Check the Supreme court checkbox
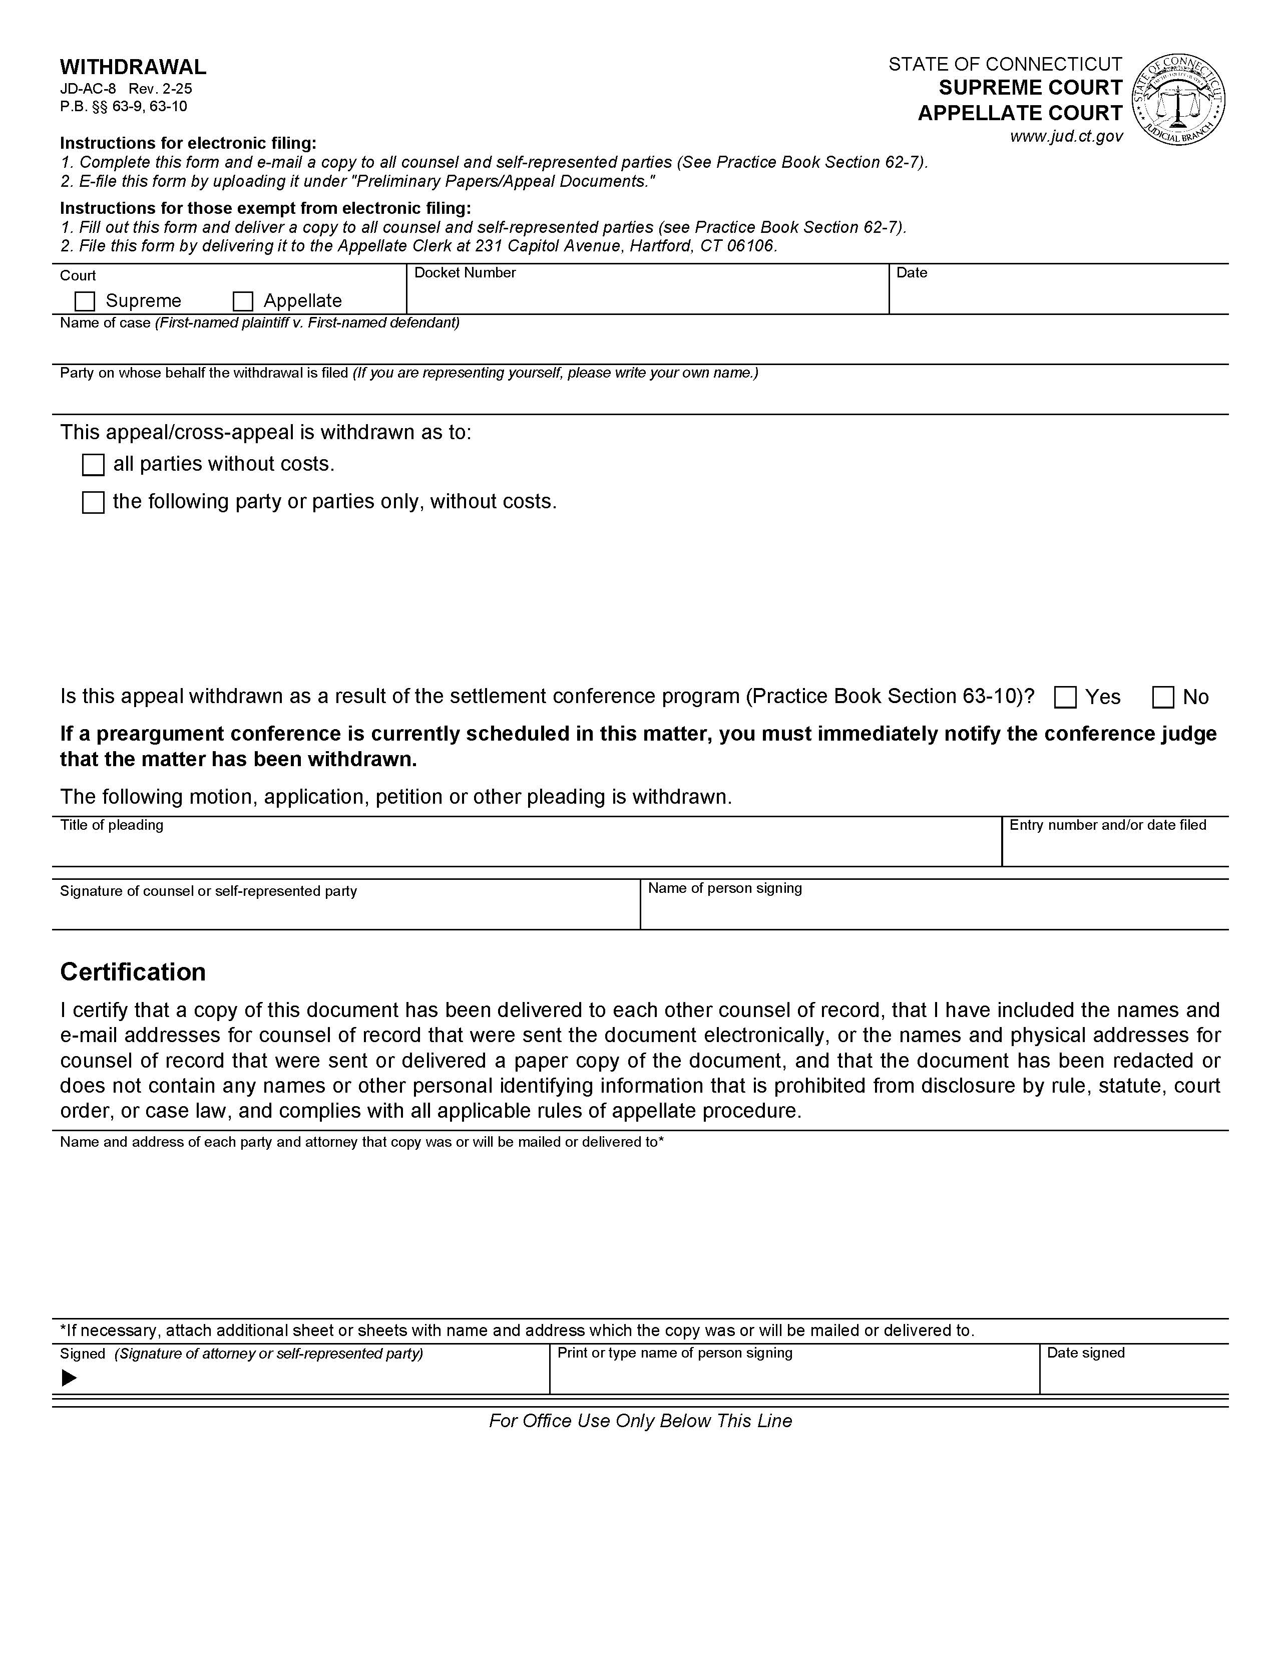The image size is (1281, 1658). (x=85, y=301)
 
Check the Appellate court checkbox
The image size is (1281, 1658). (x=243, y=301)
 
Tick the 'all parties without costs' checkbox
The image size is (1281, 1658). (x=93, y=465)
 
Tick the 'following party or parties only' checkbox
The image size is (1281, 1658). (x=93, y=503)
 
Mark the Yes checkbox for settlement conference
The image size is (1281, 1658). (x=1065, y=697)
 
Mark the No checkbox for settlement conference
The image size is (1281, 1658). (x=1163, y=697)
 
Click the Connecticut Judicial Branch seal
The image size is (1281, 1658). (x=1178, y=100)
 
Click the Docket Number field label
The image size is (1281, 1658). (x=465, y=272)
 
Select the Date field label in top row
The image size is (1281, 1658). (x=912, y=272)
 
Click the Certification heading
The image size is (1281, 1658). (x=133, y=972)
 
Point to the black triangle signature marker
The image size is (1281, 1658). (x=69, y=1378)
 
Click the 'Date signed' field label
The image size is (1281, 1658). (x=1085, y=1353)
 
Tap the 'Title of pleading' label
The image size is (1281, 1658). (x=112, y=825)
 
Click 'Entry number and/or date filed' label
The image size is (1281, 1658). (x=1107, y=825)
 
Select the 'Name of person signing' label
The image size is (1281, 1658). (x=725, y=888)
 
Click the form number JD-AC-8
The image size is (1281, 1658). (x=87, y=88)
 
